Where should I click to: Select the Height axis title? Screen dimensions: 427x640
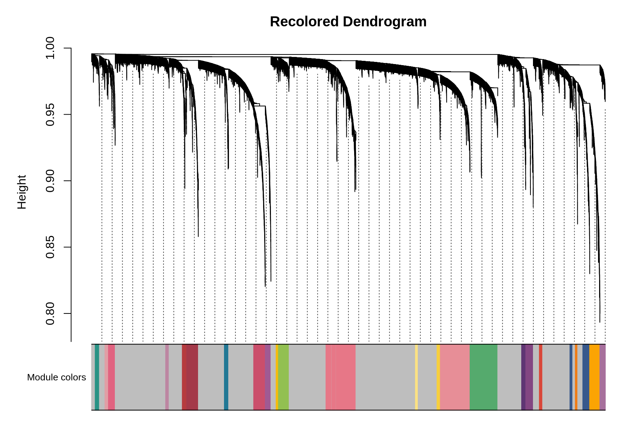click(22, 192)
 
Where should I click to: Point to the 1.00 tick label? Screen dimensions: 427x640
click(50, 48)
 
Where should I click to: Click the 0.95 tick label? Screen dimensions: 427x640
click(50, 115)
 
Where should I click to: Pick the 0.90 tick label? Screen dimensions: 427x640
click(50, 181)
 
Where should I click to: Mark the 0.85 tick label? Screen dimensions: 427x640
click(50, 247)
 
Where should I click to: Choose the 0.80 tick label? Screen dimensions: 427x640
click(50, 313)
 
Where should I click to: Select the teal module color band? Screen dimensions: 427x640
click(97, 377)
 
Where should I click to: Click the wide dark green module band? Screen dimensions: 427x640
click(484, 377)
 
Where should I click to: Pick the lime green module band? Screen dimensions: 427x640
click(283, 377)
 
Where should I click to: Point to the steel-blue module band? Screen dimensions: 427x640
click(226, 377)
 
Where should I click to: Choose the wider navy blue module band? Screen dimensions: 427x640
click(586, 377)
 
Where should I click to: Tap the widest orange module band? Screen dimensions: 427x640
click(594, 377)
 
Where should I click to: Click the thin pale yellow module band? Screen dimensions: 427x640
click(416, 377)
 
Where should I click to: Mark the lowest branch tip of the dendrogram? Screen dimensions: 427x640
click(600, 322)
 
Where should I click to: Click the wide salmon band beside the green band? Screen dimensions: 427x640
click(455, 377)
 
